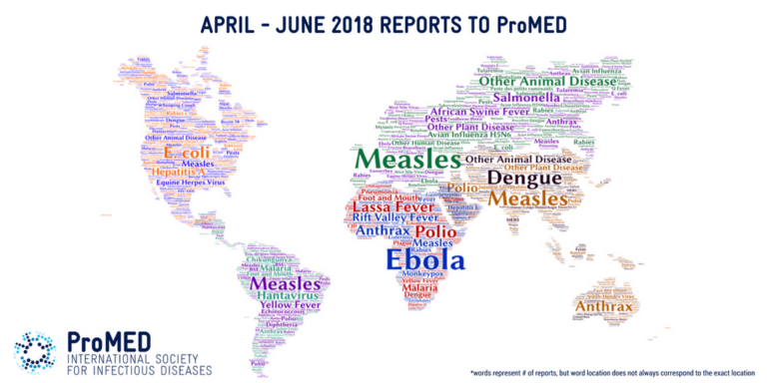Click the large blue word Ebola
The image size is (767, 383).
(x=424, y=259)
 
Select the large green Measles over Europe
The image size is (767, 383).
(x=407, y=160)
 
